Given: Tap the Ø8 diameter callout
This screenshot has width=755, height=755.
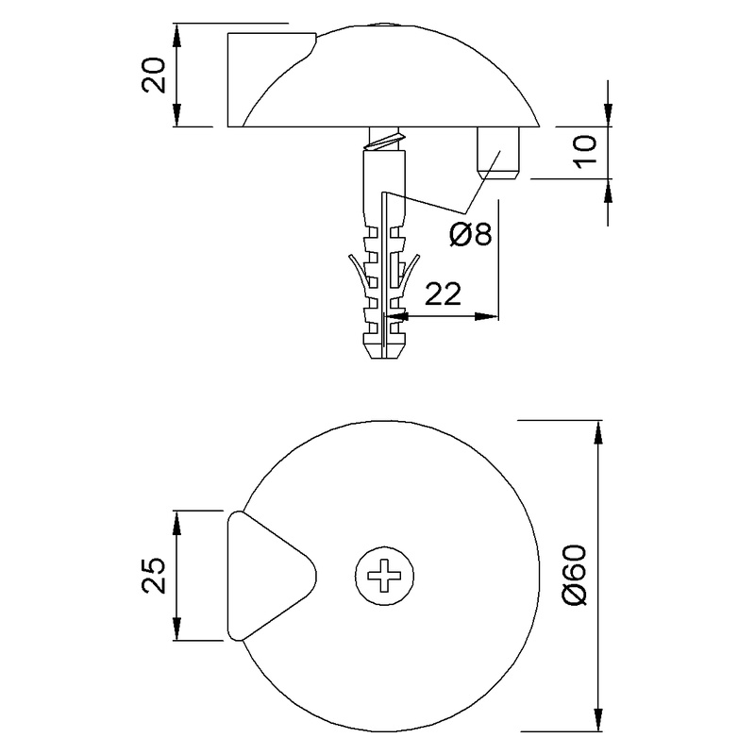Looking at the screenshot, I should (470, 233).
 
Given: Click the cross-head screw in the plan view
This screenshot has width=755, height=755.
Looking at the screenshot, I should (385, 575).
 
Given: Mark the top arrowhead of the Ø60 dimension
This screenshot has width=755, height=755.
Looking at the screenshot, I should (596, 430).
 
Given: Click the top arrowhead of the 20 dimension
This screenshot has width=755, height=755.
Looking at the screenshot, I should (177, 31).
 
